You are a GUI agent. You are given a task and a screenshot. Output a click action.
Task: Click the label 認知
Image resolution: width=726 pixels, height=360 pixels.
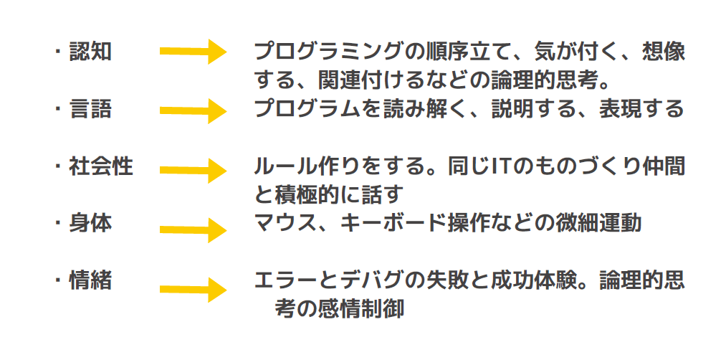click(x=90, y=52)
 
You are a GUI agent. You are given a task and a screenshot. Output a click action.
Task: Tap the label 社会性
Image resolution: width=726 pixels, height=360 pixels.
click(x=101, y=166)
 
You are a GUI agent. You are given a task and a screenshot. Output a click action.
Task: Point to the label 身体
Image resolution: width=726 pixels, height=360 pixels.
click(x=90, y=223)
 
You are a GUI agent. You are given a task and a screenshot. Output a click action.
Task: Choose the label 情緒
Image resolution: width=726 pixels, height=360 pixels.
click(x=90, y=280)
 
